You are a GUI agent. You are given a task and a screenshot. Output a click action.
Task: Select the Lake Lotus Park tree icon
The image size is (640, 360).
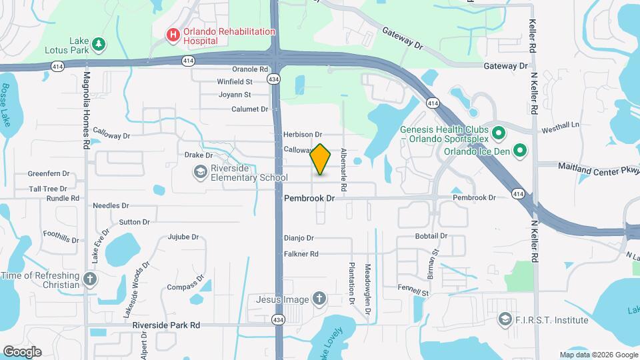[99, 44]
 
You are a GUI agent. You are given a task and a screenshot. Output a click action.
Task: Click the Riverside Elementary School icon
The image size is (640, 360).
[199, 173]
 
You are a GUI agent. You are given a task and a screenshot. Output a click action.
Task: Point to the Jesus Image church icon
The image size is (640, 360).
[319, 299]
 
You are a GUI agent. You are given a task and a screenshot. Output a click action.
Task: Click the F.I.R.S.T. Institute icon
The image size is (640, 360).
[505, 320]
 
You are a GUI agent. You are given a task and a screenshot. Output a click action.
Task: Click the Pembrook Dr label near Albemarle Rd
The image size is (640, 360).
[309, 199]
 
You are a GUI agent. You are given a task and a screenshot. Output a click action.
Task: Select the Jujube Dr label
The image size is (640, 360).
[183, 237]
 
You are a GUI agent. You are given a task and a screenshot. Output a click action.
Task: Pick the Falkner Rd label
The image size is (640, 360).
[301, 254]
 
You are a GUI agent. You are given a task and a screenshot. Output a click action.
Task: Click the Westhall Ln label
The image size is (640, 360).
[561, 125]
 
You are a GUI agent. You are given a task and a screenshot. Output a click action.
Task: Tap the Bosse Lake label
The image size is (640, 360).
[6, 105]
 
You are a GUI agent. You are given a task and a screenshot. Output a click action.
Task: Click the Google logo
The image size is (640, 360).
[22, 351]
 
